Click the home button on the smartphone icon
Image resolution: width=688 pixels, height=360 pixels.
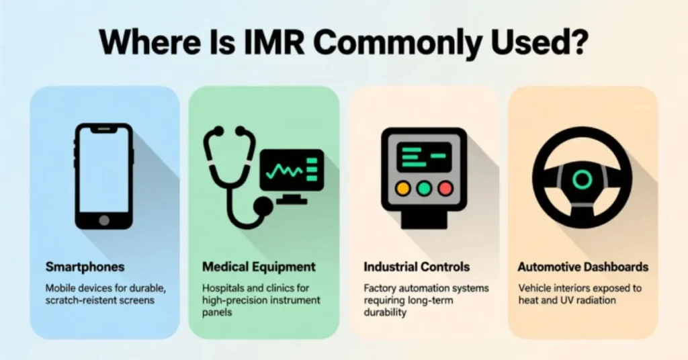(103, 220)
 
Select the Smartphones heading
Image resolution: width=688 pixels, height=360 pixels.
(85, 267)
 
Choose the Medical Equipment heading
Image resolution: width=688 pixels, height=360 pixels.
(259, 267)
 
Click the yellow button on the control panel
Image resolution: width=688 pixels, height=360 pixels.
(403, 189)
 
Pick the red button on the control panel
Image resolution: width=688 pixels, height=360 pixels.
(444, 189)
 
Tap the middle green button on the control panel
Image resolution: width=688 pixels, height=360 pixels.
(423, 189)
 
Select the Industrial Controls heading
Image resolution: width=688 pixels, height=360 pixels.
(417, 267)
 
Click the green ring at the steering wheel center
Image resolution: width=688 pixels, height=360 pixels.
(582, 179)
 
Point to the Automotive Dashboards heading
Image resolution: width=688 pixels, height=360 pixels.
(583, 267)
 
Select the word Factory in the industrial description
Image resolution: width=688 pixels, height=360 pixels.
(380, 287)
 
